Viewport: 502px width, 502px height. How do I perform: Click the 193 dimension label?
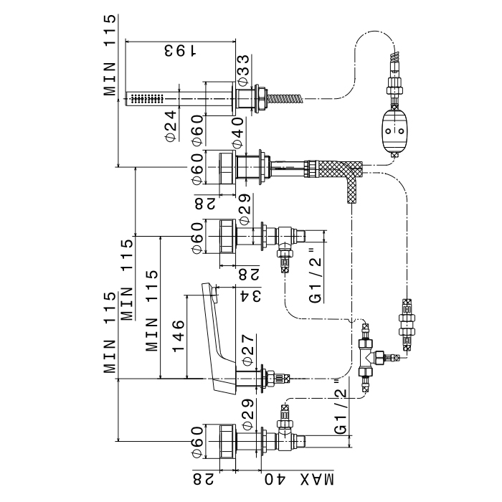(x=181, y=52)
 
